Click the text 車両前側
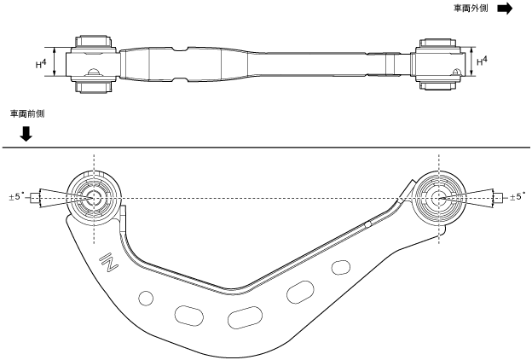coord(25,113)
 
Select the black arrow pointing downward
coord(26,133)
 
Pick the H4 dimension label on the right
coord(483,62)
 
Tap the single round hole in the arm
coord(146,298)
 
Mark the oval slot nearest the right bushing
coord(339,268)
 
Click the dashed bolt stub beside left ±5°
coord(35,198)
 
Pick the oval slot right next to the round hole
coord(189,314)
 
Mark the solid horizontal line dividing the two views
coord(266,148)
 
